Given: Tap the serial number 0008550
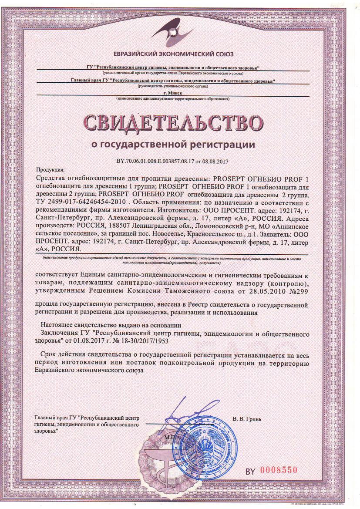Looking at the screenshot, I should coord(279,470).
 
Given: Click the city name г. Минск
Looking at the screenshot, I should coord(173,94).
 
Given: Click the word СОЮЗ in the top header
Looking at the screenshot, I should coord(224,54).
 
